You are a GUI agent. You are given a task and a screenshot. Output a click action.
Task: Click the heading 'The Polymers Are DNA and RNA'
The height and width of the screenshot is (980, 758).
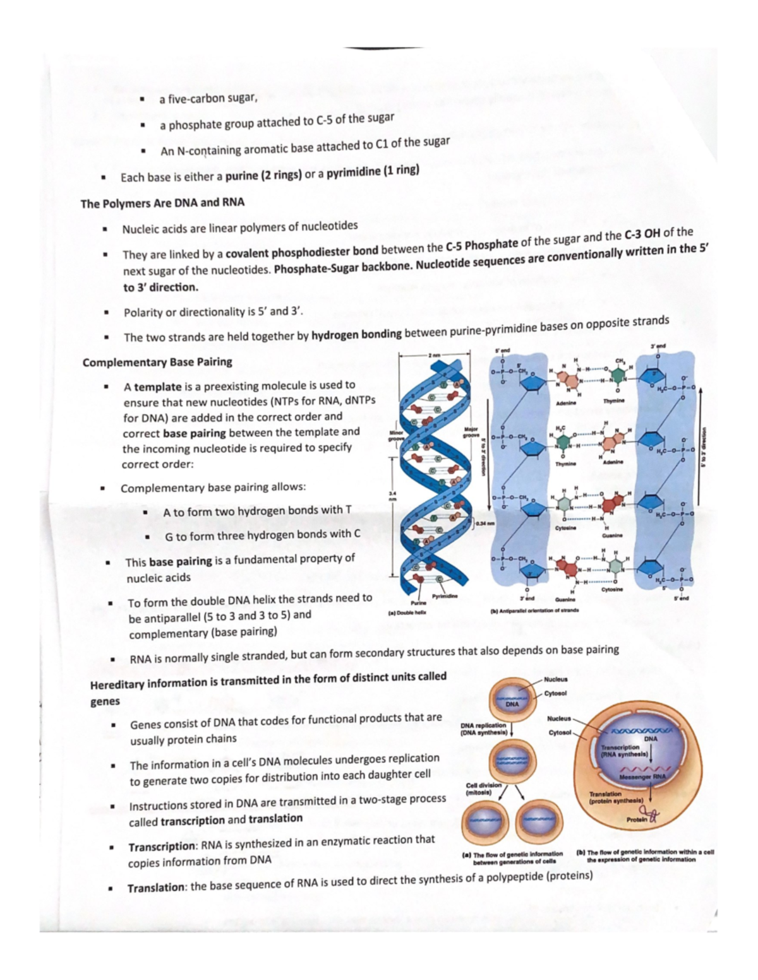click(162, 203)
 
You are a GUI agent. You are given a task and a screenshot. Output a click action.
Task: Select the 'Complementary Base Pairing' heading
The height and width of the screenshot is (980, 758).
click(157, 362)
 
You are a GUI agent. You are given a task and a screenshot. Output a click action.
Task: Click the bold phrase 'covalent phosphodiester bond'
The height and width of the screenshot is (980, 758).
click(301, 252)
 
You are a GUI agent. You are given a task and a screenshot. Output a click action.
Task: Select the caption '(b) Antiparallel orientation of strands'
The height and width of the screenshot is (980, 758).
click(534, 611)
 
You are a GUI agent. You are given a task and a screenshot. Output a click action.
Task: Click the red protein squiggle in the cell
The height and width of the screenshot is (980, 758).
click(650, 818)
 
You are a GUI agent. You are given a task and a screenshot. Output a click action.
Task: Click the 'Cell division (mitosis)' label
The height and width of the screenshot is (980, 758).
click(483, 788)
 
